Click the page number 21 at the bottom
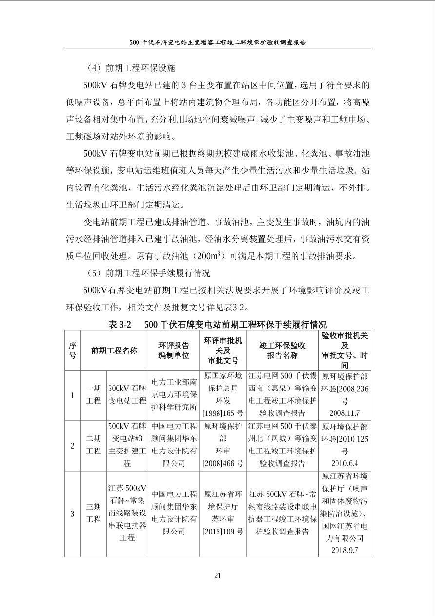click(x=217, y=575)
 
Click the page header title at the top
click(x=217, y=42)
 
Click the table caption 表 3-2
click(x=120, y=324)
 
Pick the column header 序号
click(x=72, y=350)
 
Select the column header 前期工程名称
click(x=114, y=350)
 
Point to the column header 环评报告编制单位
click(x=174, y=350)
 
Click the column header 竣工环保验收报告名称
click(x=282, y=350)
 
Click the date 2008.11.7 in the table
click(x=344, y=413)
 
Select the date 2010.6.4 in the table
click(x=344, y=463)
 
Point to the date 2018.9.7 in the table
click(x=344, y=550)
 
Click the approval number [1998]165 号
click(x=223, y=413)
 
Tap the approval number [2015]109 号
click(x=223, y=531)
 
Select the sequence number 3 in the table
click(x=72, y=513)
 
